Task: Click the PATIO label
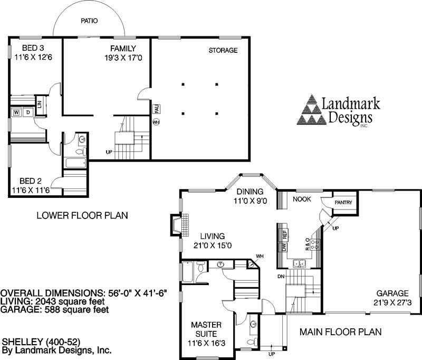tap(89, 21)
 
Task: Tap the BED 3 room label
tap(33, 48)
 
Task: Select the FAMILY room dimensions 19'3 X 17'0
tap(123, 58)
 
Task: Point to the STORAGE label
tap(223, 50)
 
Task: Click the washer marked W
tap(16, 112)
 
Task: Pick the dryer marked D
tap(28, 112)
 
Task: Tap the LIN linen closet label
tap(40, 105)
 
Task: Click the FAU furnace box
tap(156, 109)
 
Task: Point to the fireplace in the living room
tap(179, 225)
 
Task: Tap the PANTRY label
tap(343, 203)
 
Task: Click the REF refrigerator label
tap(285, 234)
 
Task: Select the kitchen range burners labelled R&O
tap(315, 244)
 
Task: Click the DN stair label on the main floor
tap(281, 276)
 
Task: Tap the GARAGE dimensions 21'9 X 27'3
tap(392, 302)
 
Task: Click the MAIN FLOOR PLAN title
tap(340, 332)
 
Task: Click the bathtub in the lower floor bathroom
tap(76, 163)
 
